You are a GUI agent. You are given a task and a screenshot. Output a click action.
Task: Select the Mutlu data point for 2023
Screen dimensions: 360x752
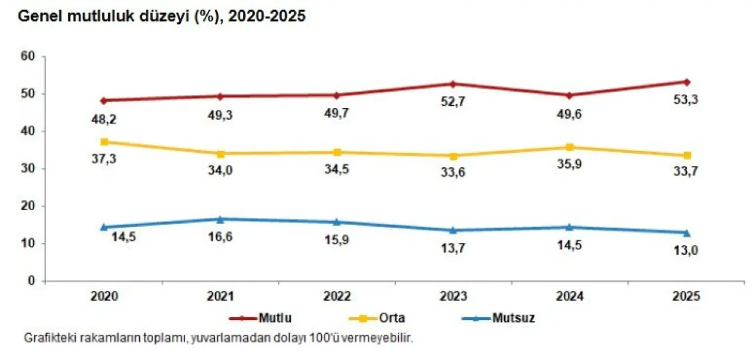coord(453,84)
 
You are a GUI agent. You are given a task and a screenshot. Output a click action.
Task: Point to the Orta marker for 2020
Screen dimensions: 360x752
coord(104,142)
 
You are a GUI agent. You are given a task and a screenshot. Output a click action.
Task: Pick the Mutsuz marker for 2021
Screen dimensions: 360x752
coord(220,219)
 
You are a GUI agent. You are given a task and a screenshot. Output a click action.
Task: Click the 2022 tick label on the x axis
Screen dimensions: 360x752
coord(337,297)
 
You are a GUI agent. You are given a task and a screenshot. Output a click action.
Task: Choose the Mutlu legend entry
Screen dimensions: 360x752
coord(260,319)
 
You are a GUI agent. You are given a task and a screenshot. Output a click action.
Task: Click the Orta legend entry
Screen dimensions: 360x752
coord(380,319)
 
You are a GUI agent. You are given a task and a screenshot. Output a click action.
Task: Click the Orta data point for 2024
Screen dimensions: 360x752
coord(569,147)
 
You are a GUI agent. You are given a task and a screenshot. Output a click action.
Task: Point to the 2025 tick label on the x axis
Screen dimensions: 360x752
coord(686,297)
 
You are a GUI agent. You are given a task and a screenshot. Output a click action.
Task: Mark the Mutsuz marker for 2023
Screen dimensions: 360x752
coord(453,230)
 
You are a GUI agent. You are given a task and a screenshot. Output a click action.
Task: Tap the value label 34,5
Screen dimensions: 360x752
coord(337,170)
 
